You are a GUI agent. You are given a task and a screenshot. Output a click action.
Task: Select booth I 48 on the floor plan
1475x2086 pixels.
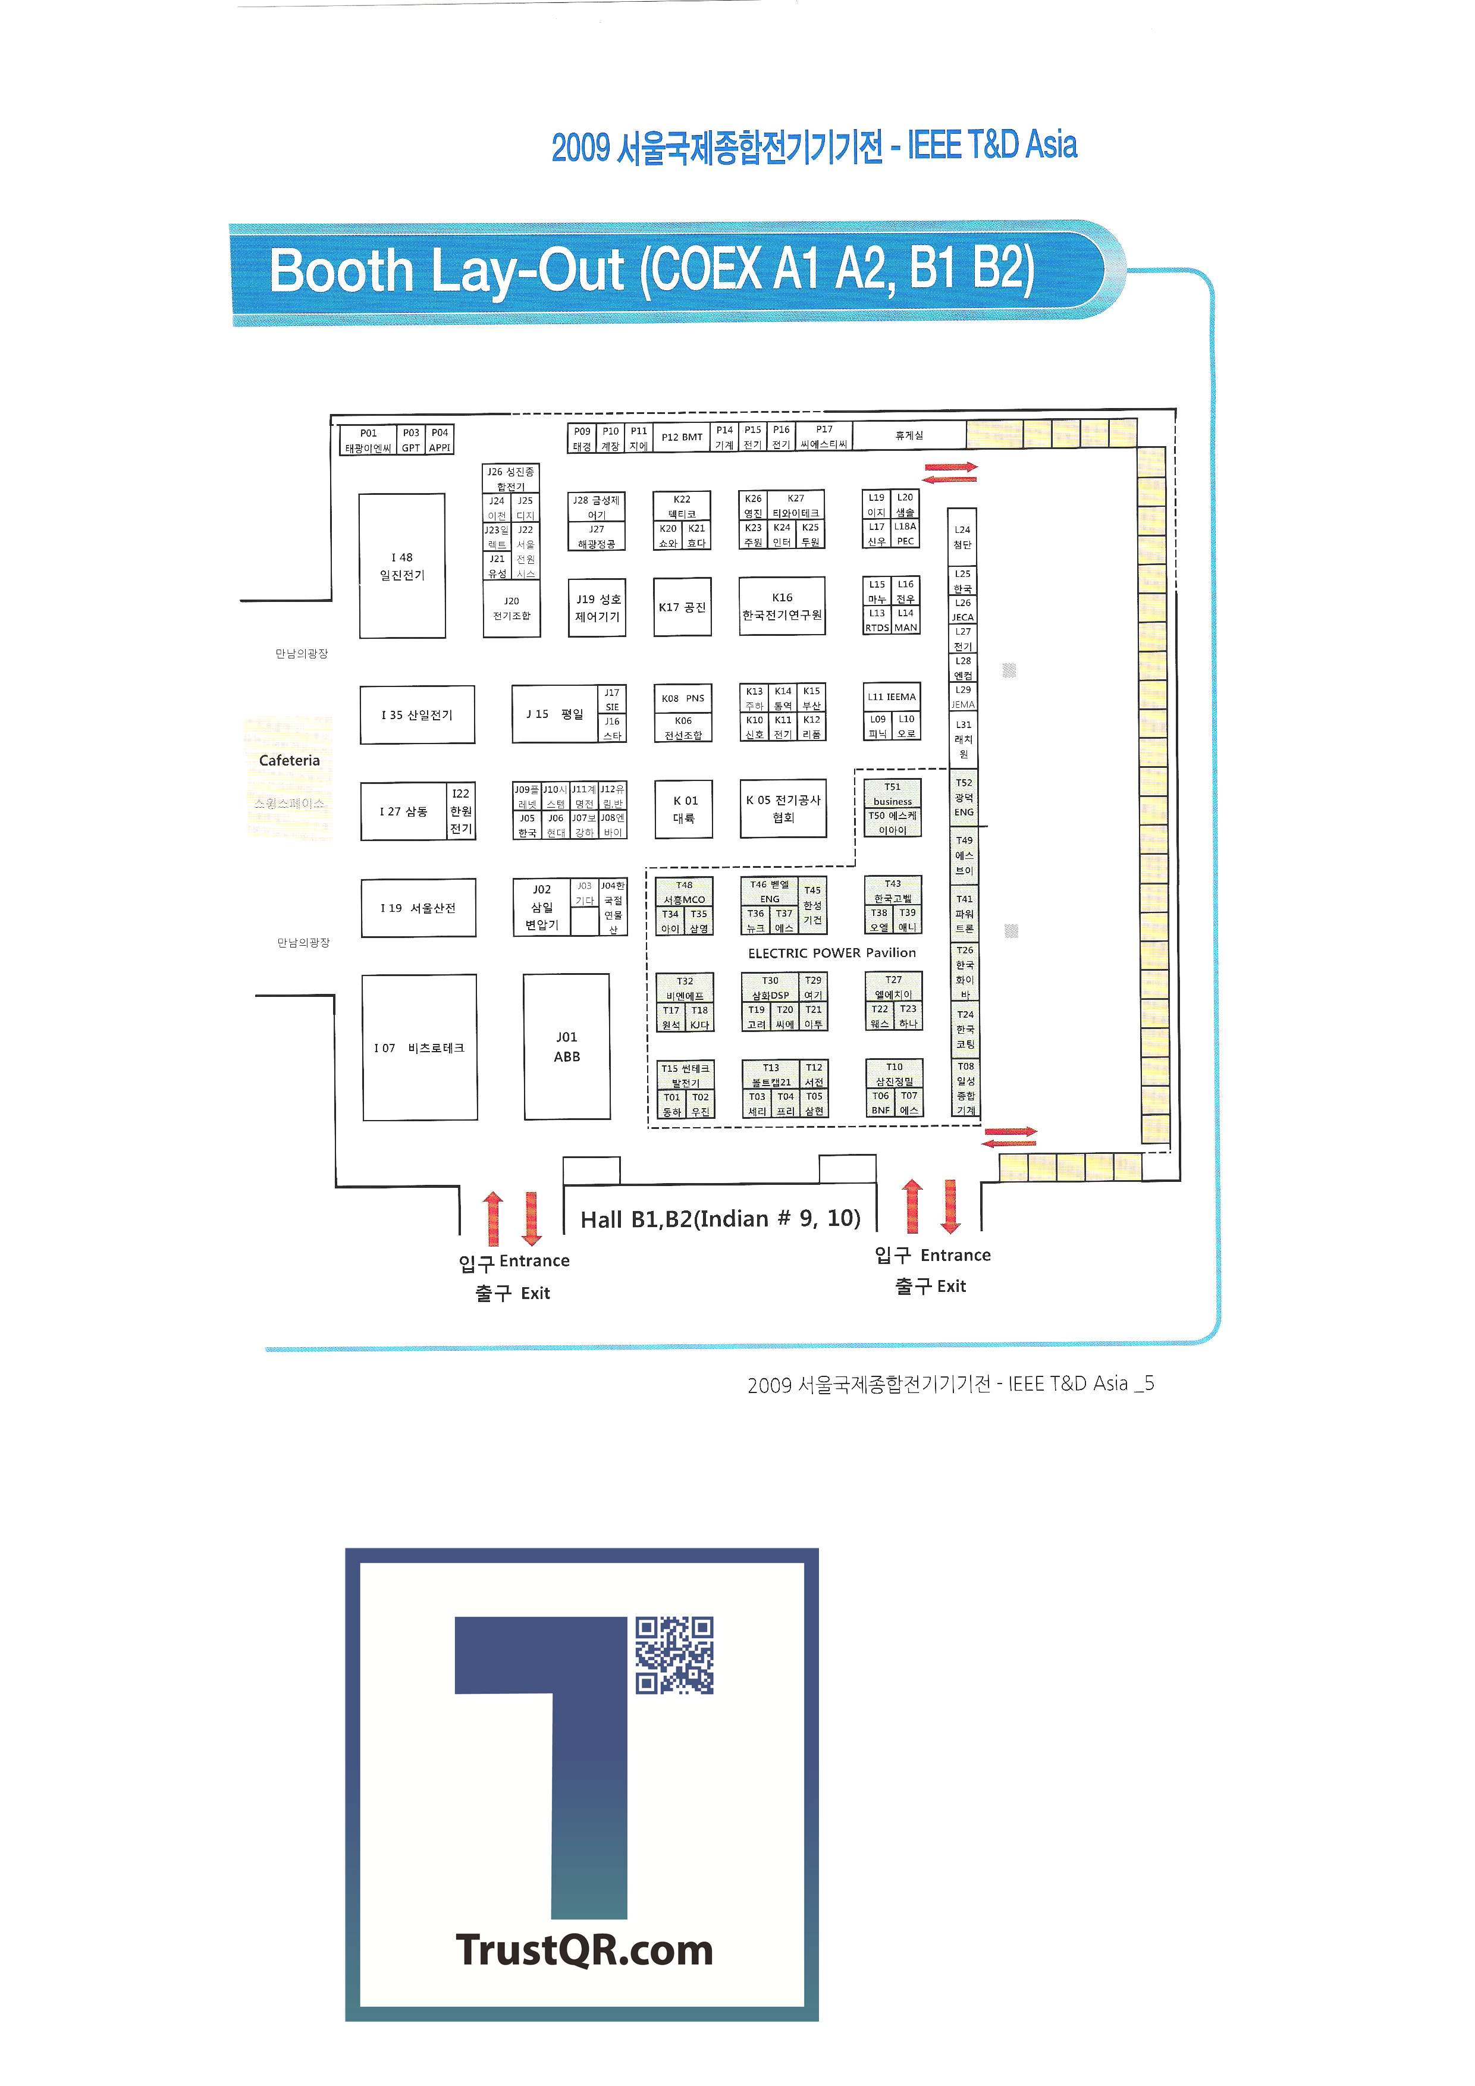pyautogui.click(x=401, y=566)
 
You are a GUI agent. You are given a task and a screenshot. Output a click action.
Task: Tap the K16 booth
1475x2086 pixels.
pyautogui.click(x=782, y=606)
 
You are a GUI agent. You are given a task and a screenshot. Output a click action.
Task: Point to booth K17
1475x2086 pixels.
pyautogui.click(x=682, y=607)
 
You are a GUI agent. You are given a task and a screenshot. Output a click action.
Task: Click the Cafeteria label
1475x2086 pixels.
pyautogui.click(x=289, y=760)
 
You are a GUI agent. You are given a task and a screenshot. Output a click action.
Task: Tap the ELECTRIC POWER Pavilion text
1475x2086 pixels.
pyautogui.click(x=831, y=953)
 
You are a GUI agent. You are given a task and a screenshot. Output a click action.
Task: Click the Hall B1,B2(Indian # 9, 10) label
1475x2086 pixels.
pyautogui.click(x=720, y=1218)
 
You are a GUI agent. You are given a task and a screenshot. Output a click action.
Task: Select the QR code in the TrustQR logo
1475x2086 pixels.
pyautogui.click(x=674, y=1655)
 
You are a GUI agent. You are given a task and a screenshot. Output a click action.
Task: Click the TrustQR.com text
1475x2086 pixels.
pyautogui.click(x=584, y=1950)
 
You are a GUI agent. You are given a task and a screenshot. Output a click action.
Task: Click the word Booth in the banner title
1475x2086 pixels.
pyautogui.click(x=341, y=271)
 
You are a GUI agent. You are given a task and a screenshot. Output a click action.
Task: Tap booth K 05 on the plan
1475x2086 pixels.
pyautogui.click(x=782, y=808)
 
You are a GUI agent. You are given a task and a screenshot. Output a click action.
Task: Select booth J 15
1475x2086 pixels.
pyautogui.click(x=554, y=714)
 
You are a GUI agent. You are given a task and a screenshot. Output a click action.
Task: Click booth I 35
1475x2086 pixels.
pyautogui.click(x=417, y=715)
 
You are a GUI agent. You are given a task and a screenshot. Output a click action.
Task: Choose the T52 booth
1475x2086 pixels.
pyautogui.click(x=964, y=797)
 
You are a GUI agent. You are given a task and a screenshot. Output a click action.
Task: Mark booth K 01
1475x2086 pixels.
pyautogui.click(x=684, y=808)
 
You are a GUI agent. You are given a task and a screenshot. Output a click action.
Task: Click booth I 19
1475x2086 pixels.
pyautogui.click(x=418, y=908)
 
